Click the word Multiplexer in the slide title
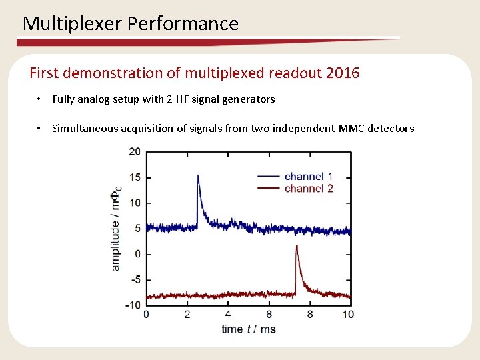73,24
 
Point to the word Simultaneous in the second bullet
85,129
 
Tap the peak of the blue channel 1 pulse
198,175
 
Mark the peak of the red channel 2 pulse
297,246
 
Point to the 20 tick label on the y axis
135,151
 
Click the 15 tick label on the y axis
135,177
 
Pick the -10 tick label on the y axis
133,305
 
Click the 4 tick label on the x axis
228,315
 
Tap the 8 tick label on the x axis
310,315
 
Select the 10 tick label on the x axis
348,315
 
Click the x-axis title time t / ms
248,329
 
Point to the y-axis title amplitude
116,240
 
